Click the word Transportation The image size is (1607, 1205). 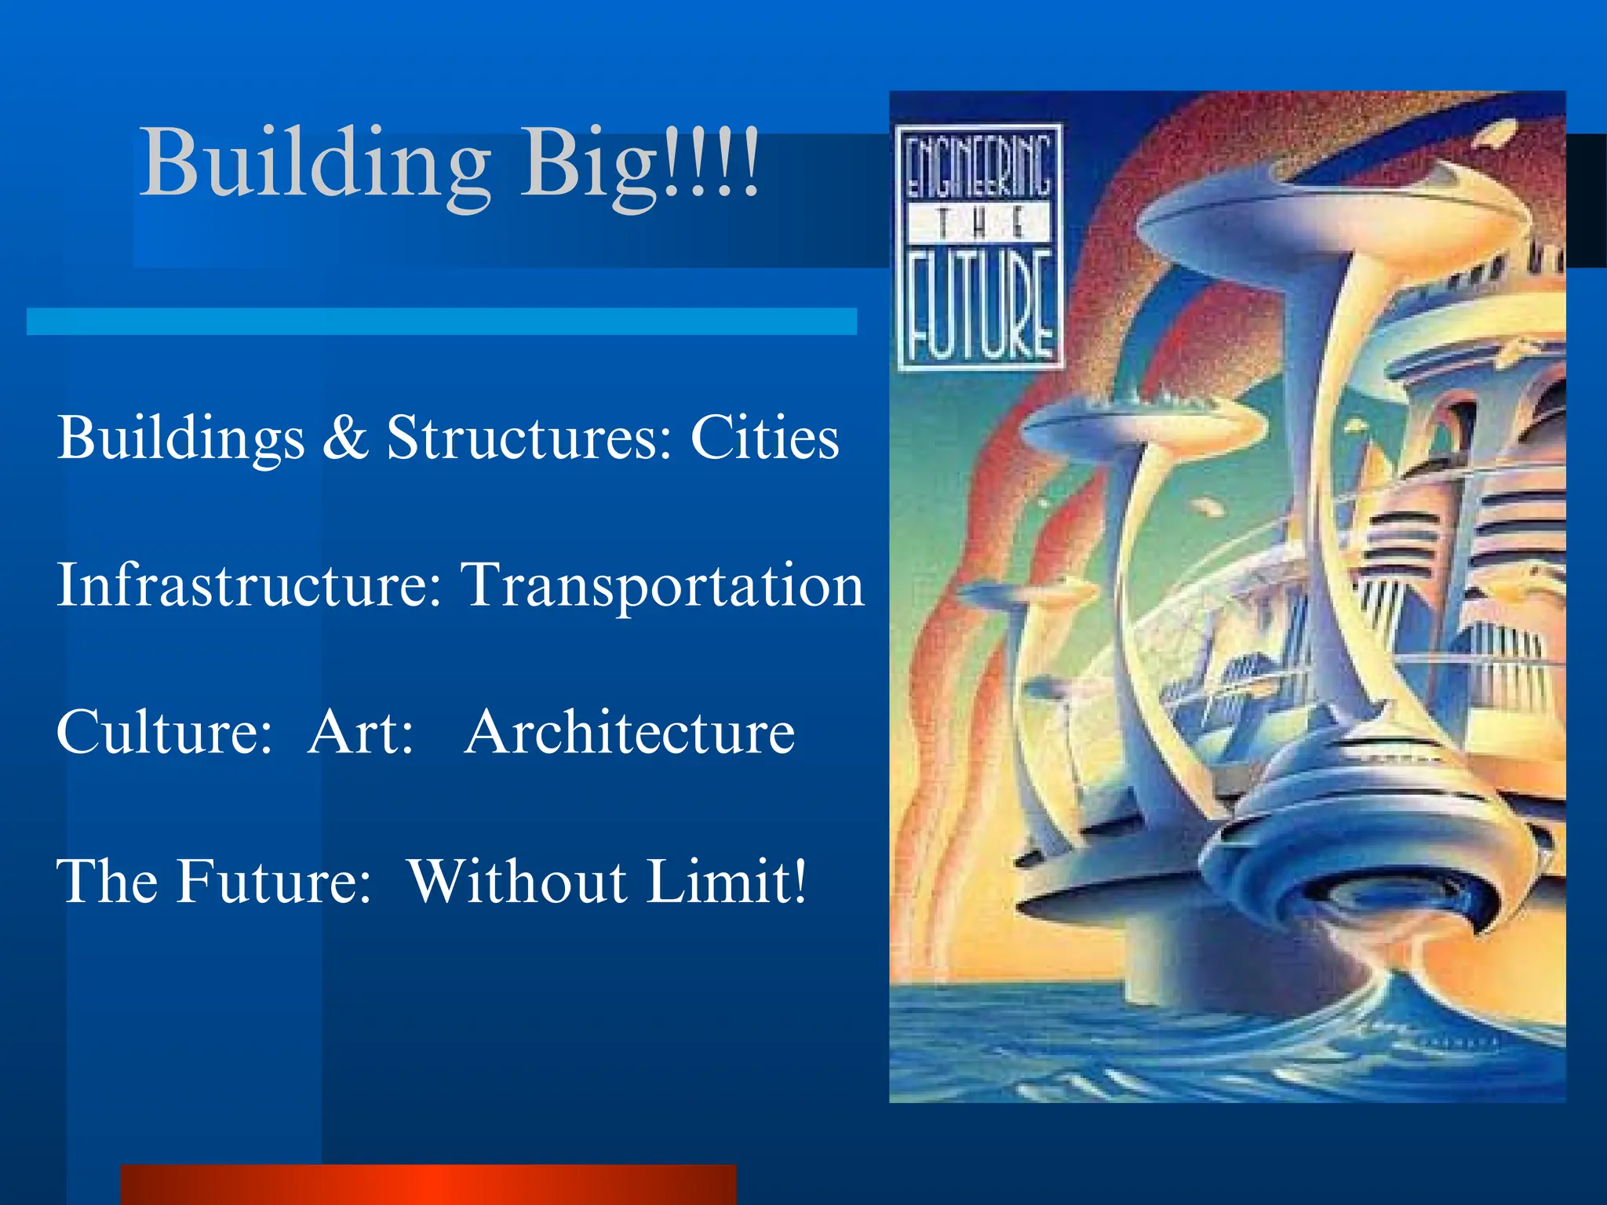click(663, 586)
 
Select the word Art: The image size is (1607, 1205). click(360, 731)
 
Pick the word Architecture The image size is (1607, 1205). click(629, 731)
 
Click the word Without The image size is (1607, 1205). click(517, 880)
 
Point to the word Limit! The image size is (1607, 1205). click(727, 880)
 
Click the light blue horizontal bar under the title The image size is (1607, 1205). click(441, 322)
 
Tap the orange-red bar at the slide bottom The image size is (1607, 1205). click(428, 1185)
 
